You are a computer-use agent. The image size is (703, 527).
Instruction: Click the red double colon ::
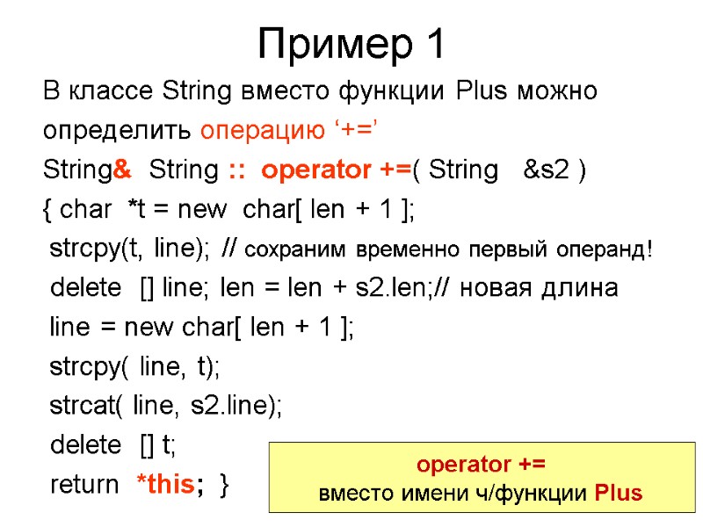coord(236,170)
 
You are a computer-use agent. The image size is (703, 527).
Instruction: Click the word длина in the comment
coord(584,288)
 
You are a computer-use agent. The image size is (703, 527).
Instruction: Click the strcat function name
coord(85,406)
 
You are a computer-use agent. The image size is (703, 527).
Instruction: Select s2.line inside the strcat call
coord(233,406)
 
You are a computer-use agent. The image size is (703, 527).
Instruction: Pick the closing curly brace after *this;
coord(227,485)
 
